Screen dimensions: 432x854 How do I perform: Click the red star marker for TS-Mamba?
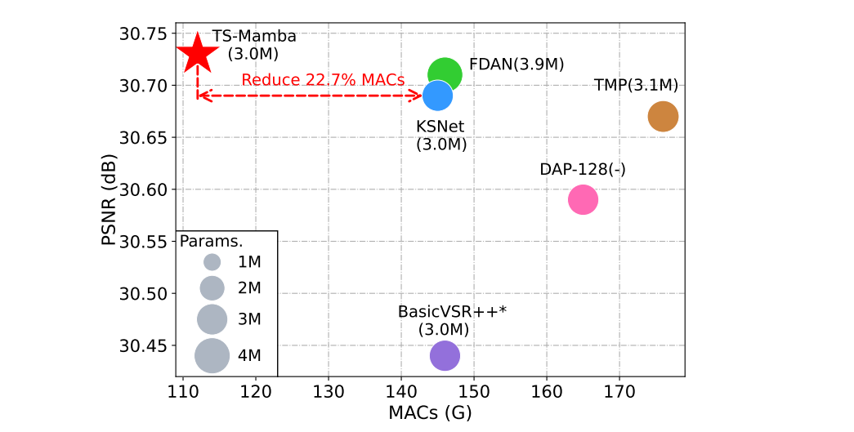198,54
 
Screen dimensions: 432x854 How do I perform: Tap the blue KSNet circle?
438,96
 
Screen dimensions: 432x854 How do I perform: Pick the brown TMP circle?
663,118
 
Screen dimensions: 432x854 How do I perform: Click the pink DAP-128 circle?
583,199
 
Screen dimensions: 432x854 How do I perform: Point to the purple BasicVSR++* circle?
445,355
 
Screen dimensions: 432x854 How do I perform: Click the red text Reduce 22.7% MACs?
323,80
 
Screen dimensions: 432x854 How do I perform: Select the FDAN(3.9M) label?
516,65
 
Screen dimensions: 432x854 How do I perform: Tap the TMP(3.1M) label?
636,86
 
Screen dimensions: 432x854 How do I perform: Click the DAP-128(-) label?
583,169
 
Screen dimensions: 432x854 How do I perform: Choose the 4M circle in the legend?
212,355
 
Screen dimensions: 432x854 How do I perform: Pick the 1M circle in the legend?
212,262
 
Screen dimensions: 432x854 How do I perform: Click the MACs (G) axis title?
430,412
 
